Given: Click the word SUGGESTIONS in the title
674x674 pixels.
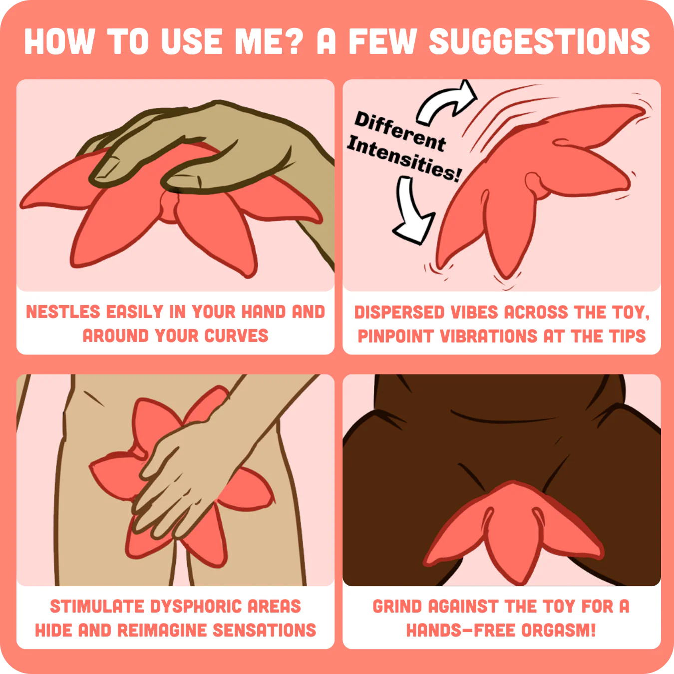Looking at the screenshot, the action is point(539,41).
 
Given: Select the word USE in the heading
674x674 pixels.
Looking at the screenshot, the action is point(192,41).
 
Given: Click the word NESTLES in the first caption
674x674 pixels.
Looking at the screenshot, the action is point(63,312).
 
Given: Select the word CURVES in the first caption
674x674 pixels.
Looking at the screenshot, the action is point(237,336).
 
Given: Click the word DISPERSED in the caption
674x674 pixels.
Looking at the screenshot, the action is point(399,313).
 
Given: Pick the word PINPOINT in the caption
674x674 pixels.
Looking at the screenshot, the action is point(396,336).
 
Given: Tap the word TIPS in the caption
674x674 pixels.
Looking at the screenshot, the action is point(627,336).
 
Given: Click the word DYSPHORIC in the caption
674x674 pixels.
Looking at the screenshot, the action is point(196,606).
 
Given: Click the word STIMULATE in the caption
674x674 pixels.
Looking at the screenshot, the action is point(97,606).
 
